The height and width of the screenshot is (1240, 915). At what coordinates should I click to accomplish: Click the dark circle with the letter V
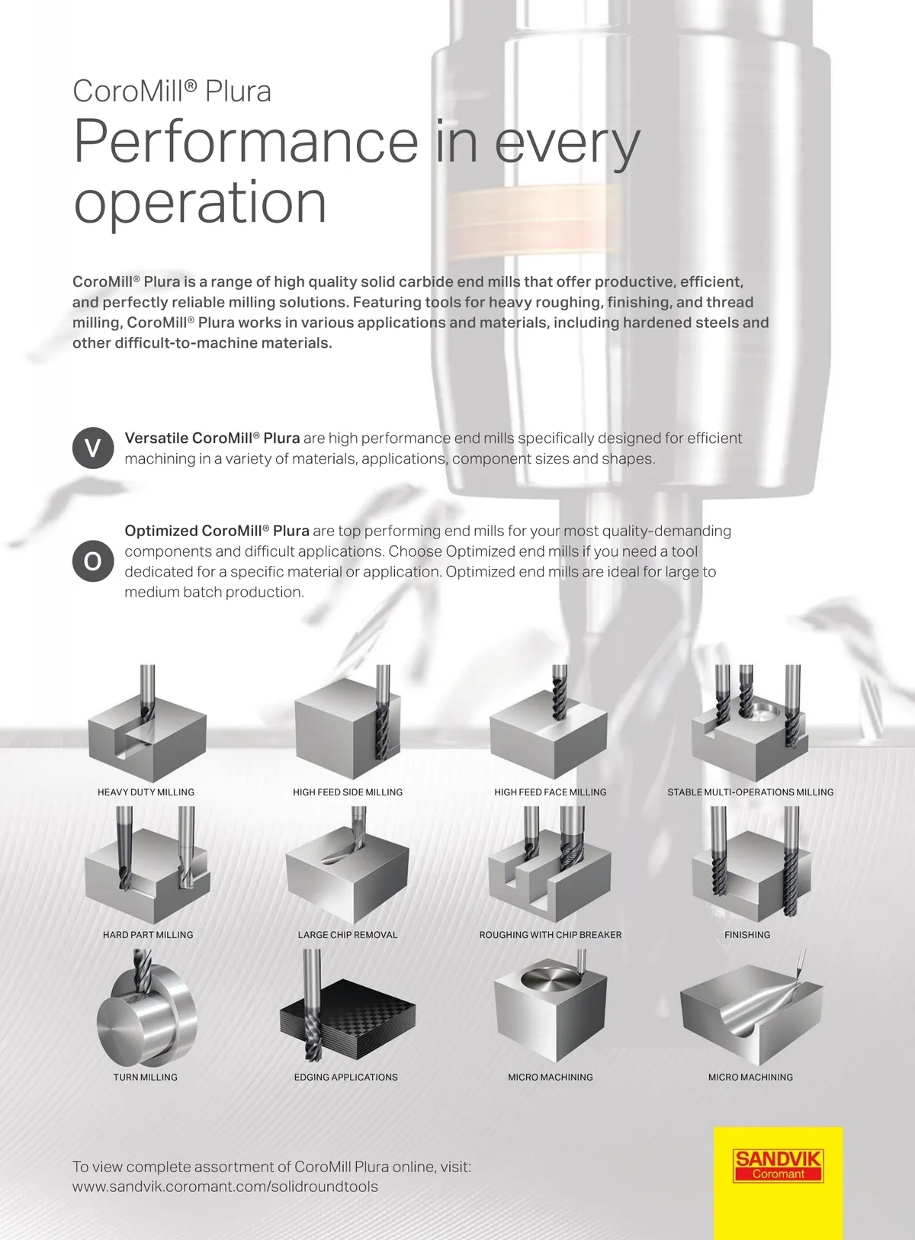(x=93, y=448)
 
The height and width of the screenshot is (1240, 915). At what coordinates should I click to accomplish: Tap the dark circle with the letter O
(x=93, y=561)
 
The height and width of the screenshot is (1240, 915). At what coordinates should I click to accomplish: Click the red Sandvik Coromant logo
(x=778, y=1166)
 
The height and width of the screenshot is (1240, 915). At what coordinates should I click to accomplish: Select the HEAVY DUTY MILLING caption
(x=146, y=792)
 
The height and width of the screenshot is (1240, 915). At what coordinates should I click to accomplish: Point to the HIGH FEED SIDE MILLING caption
(x=348, y=792)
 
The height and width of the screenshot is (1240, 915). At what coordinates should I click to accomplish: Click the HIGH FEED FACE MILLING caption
(x=550, y=792)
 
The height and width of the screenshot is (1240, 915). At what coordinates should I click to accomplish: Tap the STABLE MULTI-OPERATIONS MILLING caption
(x=750, y=792)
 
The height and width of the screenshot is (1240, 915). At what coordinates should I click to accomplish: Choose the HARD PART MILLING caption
(x=148, y=935)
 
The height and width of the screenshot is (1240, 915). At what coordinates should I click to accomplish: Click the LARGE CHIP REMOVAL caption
(x=348, y=935)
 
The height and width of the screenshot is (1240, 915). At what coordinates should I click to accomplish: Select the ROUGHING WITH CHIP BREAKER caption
(x=550, y=935)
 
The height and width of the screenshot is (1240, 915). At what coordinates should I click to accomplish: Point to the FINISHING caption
(x=746, y=935)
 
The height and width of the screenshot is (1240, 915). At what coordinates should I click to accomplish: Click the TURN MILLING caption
(x=146, y=1078)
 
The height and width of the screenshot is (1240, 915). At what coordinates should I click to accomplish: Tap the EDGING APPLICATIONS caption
(x=346, y=1078)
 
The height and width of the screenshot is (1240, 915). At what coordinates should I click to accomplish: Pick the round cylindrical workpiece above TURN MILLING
(x=146, y=1017)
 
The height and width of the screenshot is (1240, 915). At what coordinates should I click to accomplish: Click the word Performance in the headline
(x=246, y=141)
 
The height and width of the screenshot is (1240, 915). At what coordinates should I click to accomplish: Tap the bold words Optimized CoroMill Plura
(x=217, y=531)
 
